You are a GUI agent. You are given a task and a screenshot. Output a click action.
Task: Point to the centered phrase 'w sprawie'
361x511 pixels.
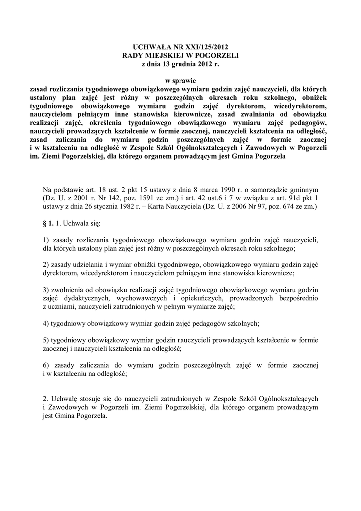pyautogui.click(x=180, y=80)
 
